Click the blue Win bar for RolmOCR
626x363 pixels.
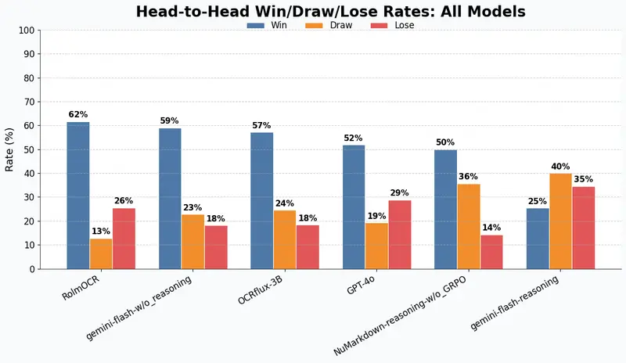click(78, 196)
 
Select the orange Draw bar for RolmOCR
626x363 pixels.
click(101, 253)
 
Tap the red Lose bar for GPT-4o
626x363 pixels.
click(399, 235)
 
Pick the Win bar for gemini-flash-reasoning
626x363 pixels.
click(538, 239)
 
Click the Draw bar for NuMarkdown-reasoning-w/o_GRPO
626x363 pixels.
click(469, 226)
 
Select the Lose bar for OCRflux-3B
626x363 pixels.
click(308, 247)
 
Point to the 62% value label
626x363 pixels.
click(78, 114)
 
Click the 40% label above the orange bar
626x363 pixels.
click(560, 167)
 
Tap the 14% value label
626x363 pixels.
click(491, 228)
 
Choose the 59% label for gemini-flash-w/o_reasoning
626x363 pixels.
click(170, 121)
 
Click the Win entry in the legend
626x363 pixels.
click(267, 25)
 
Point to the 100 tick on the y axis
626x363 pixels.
click(26, 31)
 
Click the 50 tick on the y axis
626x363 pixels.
click(29, 149)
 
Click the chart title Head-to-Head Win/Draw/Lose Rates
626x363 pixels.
click(330, 11)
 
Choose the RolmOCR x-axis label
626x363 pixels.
click(82, 288)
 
